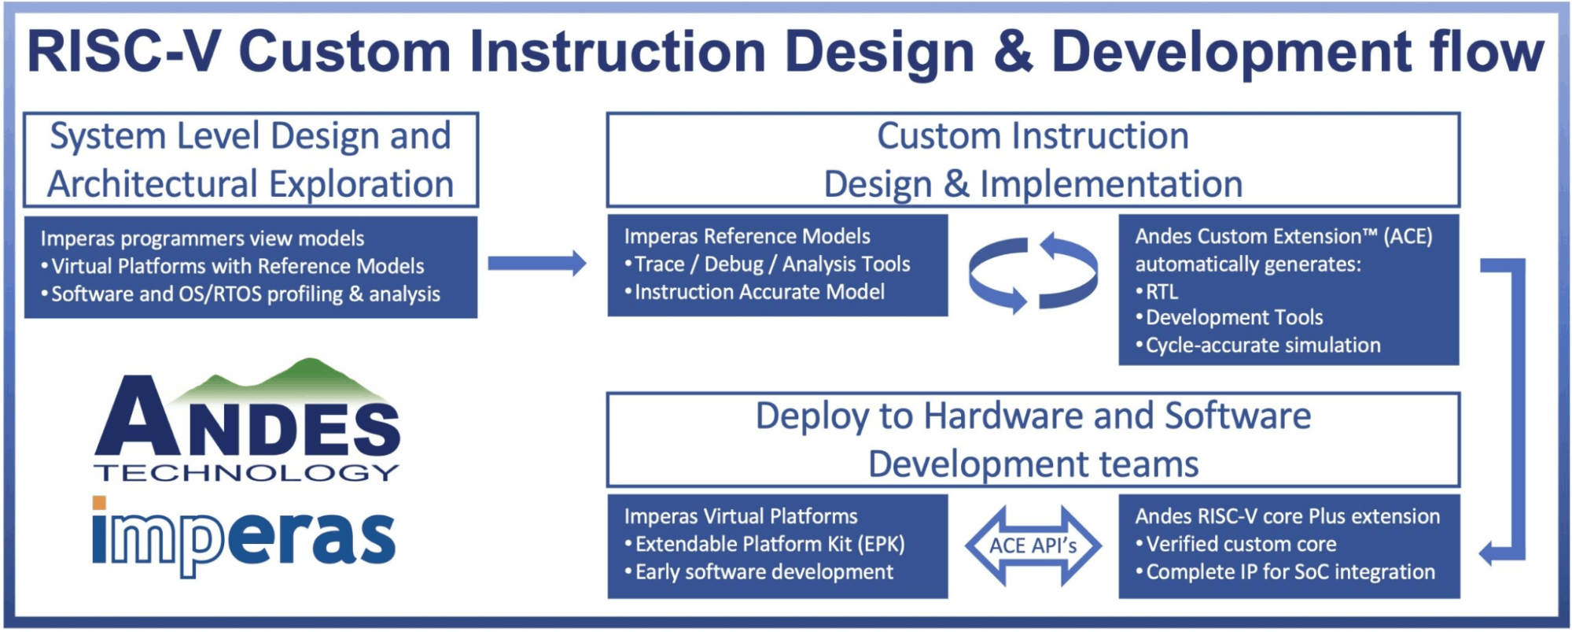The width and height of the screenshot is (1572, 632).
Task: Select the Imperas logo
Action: [244, 537]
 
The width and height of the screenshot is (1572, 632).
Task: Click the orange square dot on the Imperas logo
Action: [99, 503]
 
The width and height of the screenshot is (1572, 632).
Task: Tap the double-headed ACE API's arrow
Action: [1033, 545]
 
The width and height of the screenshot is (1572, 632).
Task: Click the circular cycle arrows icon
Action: [1033, 272]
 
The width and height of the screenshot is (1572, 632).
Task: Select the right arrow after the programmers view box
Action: [536, 263]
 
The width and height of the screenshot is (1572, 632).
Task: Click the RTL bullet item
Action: [1162, 292]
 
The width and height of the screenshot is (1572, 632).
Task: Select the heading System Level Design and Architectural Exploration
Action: [250, 160]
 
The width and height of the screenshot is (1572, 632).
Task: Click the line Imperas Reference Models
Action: [747, 236]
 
